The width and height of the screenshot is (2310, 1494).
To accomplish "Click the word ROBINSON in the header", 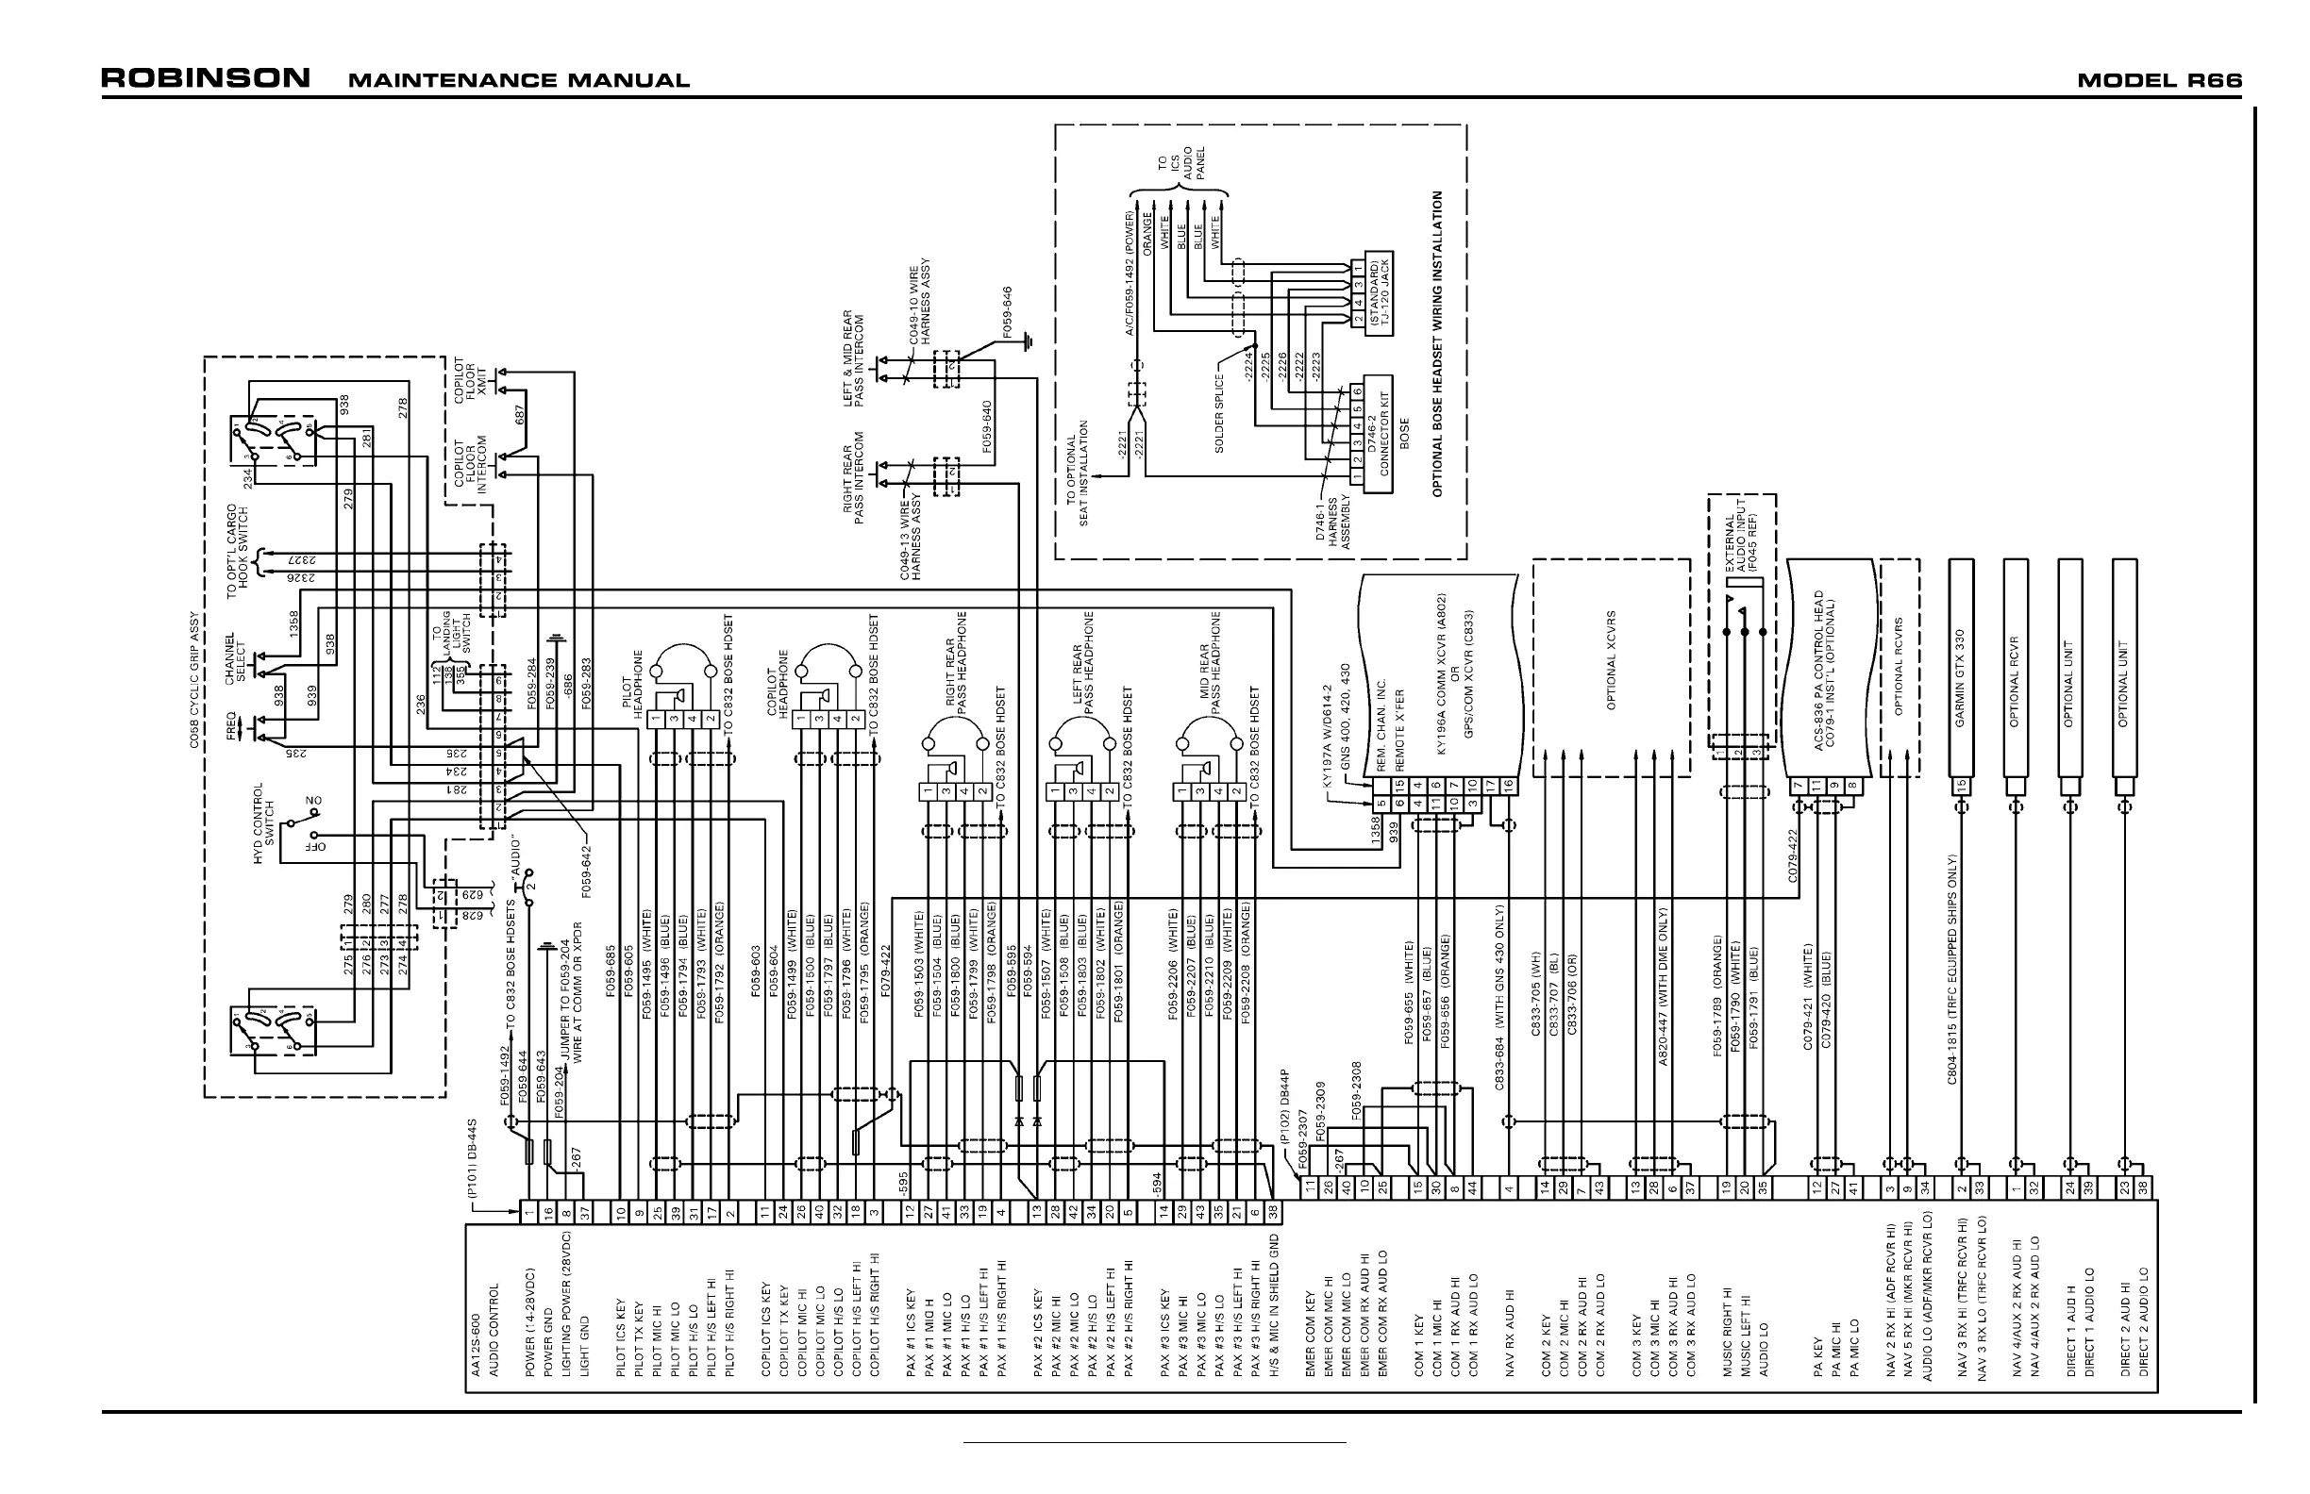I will (206, 78).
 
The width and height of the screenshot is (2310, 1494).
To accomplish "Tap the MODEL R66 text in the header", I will (2159, 80).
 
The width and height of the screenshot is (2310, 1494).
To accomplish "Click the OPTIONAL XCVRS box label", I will (1611, 659).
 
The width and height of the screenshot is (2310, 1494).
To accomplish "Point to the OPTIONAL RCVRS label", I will (1899, 667).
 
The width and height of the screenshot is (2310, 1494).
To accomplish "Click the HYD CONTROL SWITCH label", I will (264, 823).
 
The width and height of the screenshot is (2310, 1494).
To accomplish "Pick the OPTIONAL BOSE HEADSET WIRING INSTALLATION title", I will (1437, 343).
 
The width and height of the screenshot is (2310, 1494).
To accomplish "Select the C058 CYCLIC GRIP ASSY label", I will (194, 680).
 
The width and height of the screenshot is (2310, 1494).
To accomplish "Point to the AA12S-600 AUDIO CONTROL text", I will (482, 1329).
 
